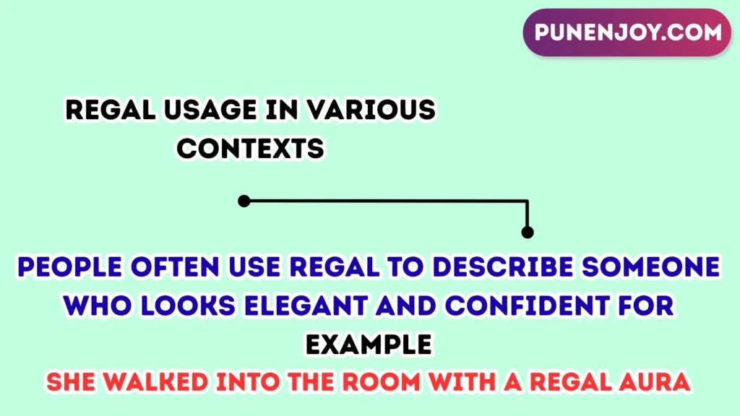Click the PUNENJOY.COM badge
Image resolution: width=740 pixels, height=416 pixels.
pos(627,32)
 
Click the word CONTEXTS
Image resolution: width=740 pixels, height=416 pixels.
pos(251,149)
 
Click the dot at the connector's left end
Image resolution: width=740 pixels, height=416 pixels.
pos(244,201)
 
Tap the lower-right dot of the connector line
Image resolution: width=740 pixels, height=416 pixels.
pos(528,232)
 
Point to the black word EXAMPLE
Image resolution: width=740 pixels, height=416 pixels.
pos(369,344)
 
